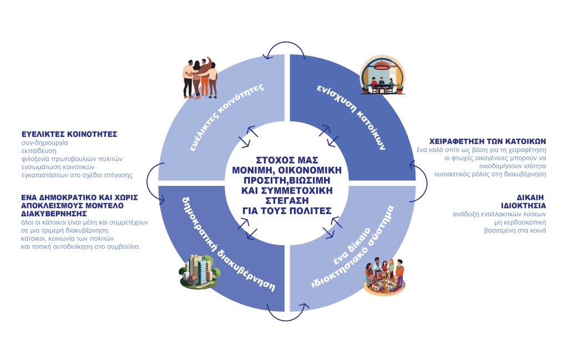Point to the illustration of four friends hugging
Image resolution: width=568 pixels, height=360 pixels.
(201, 78)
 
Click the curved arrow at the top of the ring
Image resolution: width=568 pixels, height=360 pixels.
(284, 51)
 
